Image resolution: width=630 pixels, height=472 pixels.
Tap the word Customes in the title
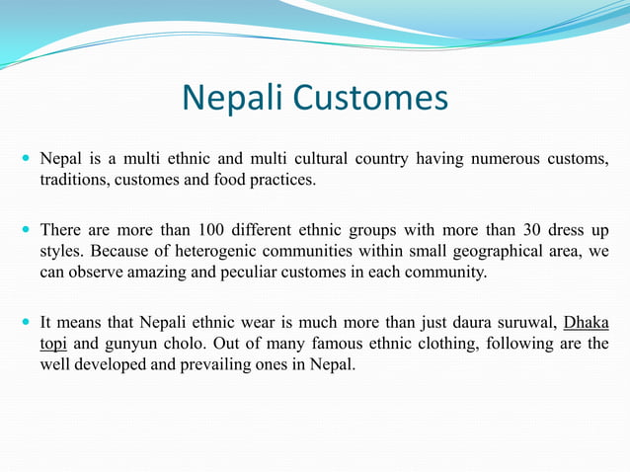(x=372, y=99)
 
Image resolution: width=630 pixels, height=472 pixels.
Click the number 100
(x=212, y=229)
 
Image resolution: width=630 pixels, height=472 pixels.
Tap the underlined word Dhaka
(x=587, y=322)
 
